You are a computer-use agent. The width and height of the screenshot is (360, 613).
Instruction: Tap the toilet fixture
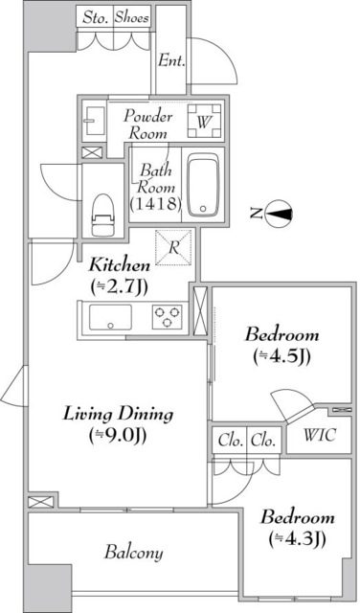point(101,213)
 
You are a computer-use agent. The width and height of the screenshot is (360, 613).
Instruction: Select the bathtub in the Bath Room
point(203,185)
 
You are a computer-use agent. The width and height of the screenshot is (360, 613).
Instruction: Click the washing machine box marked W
point(203,122)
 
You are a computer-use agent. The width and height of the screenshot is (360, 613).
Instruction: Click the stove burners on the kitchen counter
point(169,316)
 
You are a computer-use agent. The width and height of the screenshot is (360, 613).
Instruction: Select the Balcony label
point(133,553)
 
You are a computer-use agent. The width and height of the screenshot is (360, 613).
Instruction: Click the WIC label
point(320,438)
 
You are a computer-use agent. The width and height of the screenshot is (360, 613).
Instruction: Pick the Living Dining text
point(118,415)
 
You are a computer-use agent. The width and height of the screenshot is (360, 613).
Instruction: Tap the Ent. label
point(171,60)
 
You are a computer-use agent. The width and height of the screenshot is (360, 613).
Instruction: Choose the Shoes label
point(131,17)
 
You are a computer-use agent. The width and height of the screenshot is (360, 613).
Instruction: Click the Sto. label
point(94,17)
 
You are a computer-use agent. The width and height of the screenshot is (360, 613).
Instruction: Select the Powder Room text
point(148,125)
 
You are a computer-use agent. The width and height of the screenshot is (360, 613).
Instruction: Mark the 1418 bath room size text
point(151,204)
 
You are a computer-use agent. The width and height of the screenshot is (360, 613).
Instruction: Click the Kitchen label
point(119,264)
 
